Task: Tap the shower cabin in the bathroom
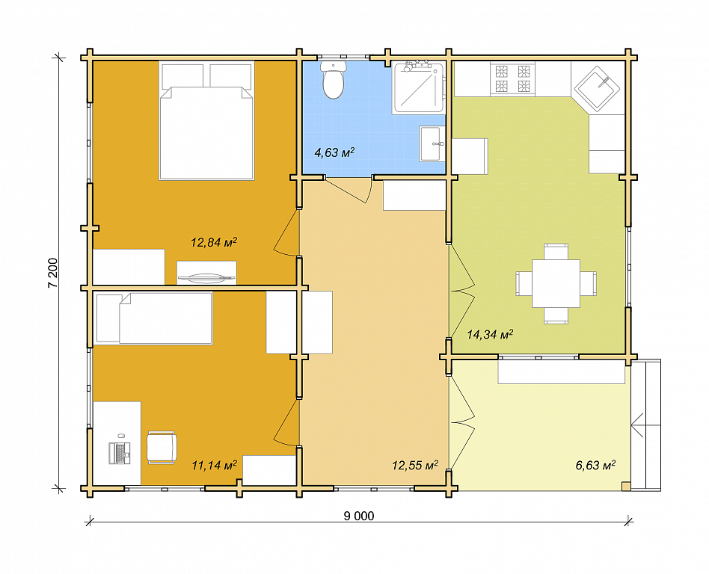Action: pos(418,87)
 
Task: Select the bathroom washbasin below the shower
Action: pos(430,143)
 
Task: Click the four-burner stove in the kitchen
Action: pos(512,78)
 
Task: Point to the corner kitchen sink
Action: pos(597,89)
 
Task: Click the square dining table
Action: pos(556,283)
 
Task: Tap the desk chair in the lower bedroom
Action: pos(162,447)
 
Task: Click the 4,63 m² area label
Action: pos(334,152)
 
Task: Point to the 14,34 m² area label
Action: pos(490,334)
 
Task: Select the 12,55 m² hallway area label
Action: pos(414,465)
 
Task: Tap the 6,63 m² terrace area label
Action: pos(595,465)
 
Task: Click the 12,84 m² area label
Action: pos(214,242)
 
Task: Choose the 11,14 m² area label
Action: pos(215,465)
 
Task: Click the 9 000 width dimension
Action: pos(359,516)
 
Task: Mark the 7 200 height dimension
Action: pos(53,273)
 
